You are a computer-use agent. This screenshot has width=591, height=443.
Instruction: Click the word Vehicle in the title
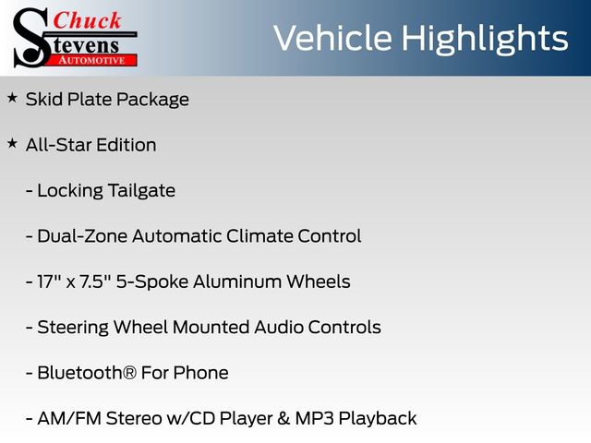[332, 38]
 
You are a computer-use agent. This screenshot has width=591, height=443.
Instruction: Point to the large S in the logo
[30, 37]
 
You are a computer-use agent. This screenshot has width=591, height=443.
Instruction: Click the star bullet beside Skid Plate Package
[12, 97]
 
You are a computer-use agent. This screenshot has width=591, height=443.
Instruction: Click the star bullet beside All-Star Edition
[12, 143]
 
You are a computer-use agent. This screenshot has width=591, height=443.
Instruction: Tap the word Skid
[43, 100]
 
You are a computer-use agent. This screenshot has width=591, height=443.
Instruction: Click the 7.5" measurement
[99, 281]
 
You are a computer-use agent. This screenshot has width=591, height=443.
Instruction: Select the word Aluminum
[239, 281]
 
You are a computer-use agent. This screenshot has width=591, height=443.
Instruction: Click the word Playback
[378, 419]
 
